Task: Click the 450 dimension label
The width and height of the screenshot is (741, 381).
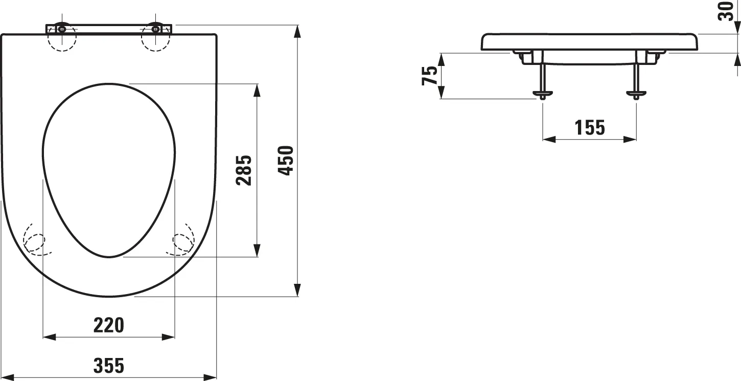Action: (286, 161)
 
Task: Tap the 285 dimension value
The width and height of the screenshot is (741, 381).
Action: (244, 170)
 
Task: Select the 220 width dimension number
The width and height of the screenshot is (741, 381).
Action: (108, 325)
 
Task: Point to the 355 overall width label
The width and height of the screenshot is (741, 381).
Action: (108, 366)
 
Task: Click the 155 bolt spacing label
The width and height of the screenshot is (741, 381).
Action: (590, 127)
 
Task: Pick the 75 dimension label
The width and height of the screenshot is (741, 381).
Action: (429, 76)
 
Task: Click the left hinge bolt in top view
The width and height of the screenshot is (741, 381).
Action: (62, 29)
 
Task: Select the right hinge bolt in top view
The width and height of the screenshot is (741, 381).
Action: (155, 29)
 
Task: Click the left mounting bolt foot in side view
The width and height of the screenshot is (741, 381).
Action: (543, 94)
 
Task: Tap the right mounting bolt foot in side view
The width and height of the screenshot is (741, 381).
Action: (636, 94)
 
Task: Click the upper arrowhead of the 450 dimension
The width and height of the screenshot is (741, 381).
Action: (298, 31)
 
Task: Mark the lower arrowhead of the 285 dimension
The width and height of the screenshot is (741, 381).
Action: (257, 250)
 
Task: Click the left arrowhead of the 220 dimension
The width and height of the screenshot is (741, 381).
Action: (49, 338)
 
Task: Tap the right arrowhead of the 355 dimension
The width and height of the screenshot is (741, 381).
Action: (210, 377)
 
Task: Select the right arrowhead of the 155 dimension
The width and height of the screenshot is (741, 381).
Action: (630, 139)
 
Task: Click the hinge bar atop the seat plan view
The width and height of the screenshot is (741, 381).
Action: (108, 29)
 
